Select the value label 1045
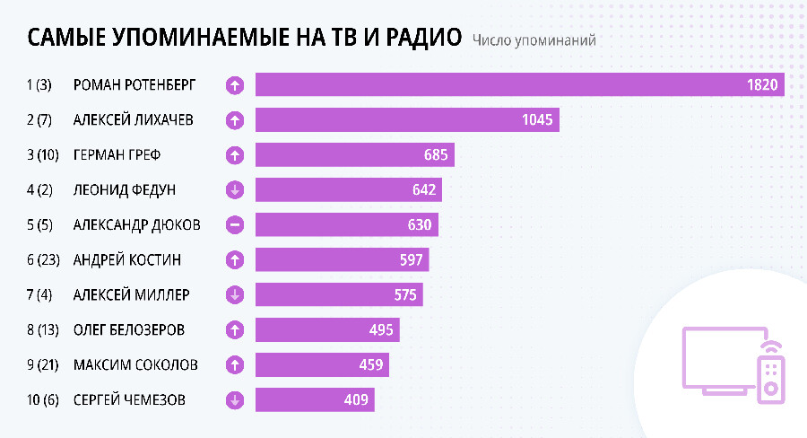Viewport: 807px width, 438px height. pyautogui.click(x=534, y=119)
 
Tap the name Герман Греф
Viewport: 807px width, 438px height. pyautogui.click(x=117, y=155)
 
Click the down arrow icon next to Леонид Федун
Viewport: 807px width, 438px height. pyautogui.click(x=235, y=190)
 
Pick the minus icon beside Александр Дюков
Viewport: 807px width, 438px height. pyautogui.click(x=235, y=225)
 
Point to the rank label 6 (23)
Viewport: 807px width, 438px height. pyautogui.click(x=43, y=260)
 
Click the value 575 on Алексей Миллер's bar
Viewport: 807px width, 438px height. pyautogui.click(x=400, y=295)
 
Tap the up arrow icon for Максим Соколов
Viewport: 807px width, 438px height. pyautogui.click(x=235, y=365)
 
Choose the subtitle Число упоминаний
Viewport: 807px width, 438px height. pyautogui.click(x=534, y=40)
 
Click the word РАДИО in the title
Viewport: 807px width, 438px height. pyautogui.click(x=422, y=39)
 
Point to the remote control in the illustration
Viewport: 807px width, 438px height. pyautogui.click(x=770, y=372)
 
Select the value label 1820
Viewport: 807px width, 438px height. pyautogui.click(x=762, y=85)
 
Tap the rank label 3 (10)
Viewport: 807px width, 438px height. pyautogui.click(x=43, y=155)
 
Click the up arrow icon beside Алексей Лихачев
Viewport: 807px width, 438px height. pyautogui.click(x=235, y=120)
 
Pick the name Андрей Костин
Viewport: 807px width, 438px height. pyautogui.click(x=126, y=260)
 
